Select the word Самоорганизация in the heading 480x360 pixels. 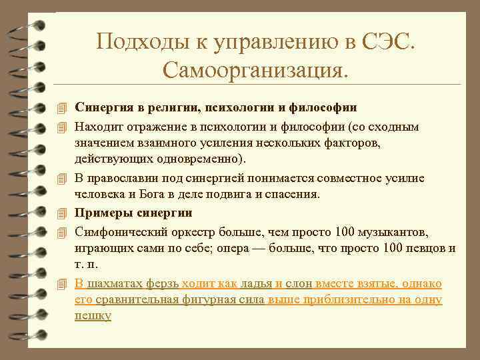[255, 69]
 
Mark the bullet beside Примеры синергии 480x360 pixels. [62, 213]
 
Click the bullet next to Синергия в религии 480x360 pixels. [62, 107]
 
